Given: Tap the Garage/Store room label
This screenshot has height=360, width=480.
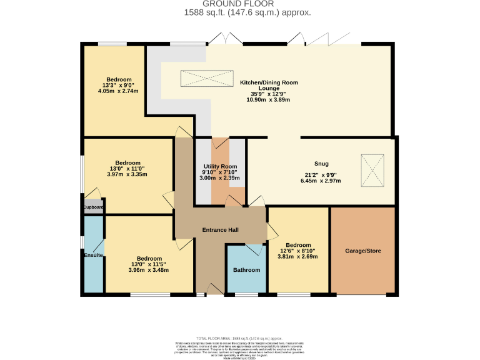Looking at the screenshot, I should click(x=362, y=251).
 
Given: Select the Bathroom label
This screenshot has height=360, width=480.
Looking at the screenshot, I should click(x=246, y=270).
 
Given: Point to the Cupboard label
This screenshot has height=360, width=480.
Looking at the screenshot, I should click(x=93, y=207).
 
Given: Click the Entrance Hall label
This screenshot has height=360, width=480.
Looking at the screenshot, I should click(x=220, y=230).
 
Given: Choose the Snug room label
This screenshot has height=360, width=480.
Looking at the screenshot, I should click(x=321, y=164).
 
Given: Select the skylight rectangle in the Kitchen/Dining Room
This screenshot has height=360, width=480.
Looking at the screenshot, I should click(x=206, y=79).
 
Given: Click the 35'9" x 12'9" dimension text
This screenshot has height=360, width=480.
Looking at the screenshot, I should click(x=269, y=94).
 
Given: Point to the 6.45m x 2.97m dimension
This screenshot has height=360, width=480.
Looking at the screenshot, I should click(x=321, y=181).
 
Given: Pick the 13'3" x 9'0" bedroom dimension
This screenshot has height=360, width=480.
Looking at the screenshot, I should click(x=118, y=85).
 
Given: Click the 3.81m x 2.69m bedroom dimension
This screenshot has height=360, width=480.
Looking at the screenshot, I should click(x=297, y=256).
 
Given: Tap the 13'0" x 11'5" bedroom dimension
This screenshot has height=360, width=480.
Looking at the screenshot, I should click(x=149, y=264).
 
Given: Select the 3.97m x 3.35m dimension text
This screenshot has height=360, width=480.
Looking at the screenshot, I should click(x=127, y=174).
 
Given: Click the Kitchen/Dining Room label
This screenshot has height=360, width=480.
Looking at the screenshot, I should click(x=269, y=82).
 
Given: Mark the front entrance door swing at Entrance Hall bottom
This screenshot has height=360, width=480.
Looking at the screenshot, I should click(x=214, y=288).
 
